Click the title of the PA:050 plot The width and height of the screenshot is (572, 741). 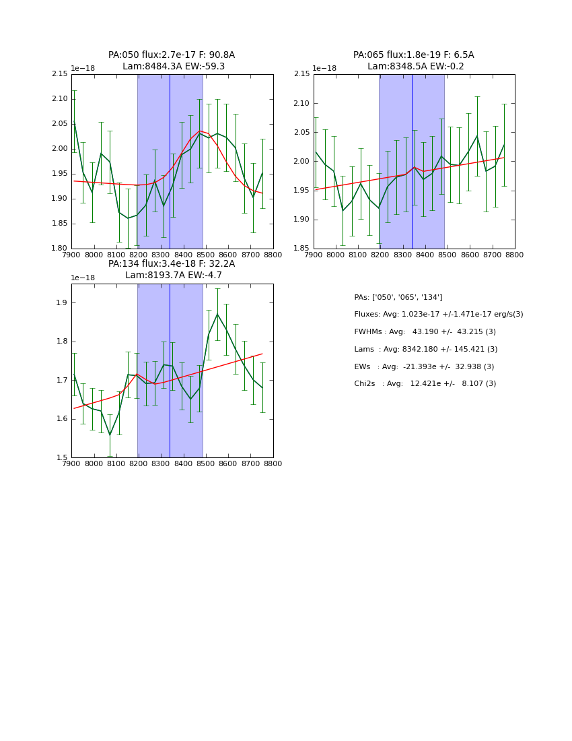pos(172,61)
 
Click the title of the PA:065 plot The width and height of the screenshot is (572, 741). pos(414,61)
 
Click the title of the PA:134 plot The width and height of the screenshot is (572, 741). pos(172,269)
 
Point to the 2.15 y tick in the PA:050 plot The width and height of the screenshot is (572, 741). pos(61,74)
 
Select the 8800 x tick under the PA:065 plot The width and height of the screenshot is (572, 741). pos(515,255)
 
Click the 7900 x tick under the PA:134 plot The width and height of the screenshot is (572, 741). pos(72,464)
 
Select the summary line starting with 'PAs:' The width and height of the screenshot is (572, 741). pos(398,297)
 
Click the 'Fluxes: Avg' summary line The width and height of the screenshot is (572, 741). pos(439,315)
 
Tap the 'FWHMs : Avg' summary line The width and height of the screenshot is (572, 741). pos(425,332)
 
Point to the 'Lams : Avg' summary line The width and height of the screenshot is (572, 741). pos(426,350)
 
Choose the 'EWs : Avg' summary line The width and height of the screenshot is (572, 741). pos(424,366)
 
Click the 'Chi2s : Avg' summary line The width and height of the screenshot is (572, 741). pos(425,384)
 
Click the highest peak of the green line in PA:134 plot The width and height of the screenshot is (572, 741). pos(217,314)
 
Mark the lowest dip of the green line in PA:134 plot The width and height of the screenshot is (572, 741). pos(110,435)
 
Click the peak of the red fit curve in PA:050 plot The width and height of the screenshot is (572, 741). pos(200,131)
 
